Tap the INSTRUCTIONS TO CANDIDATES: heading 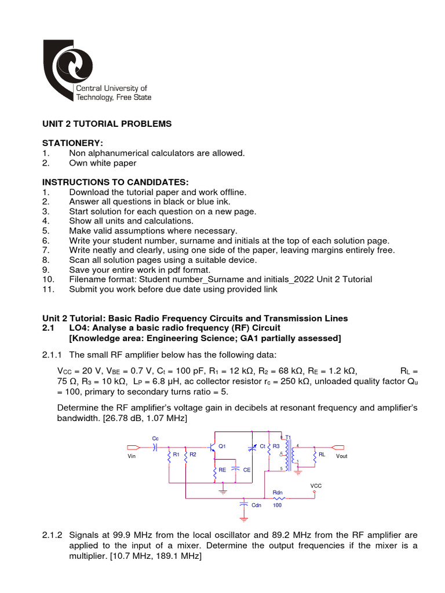(115, 182)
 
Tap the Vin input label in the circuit (130, 456)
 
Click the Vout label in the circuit (342, 456)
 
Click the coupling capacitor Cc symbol (155, 446)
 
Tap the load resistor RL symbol (314, 455)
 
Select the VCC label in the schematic (316, 485)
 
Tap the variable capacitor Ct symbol (252, 447)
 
